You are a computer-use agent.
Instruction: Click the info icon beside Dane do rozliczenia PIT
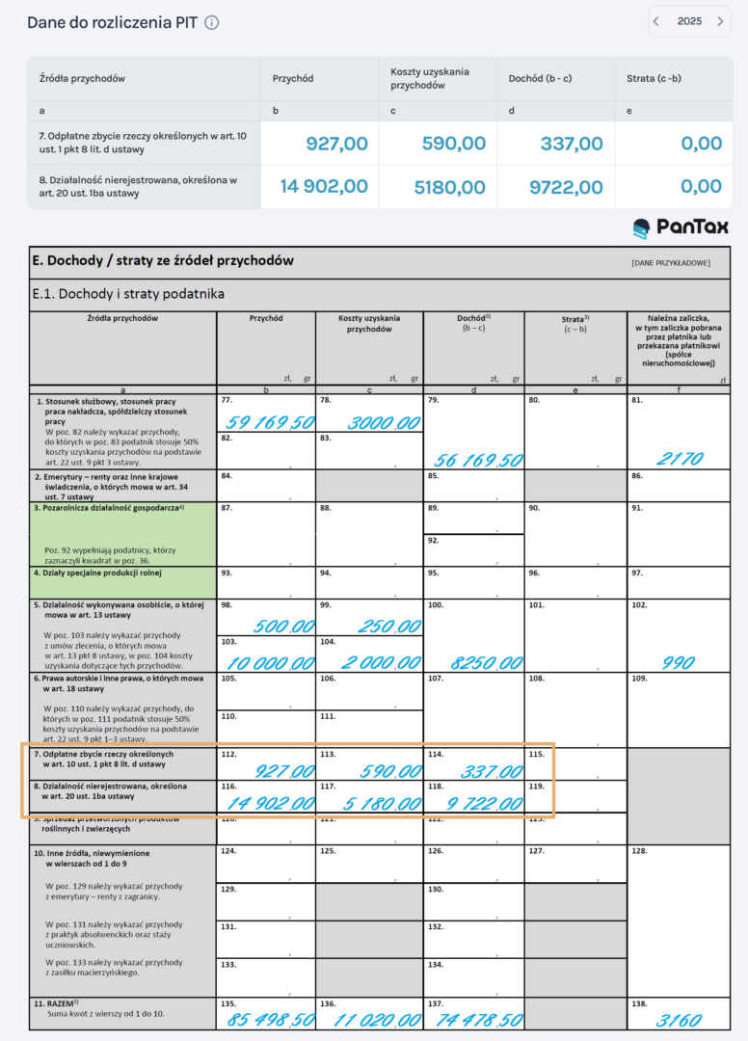point(212,22)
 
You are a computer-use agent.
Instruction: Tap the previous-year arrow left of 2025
point(656,21)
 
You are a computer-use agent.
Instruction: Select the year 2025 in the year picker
point(689,21)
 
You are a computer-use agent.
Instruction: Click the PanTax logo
point(681,227)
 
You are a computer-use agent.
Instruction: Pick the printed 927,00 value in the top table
point(336,144)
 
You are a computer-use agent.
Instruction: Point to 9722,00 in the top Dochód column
point(566,187)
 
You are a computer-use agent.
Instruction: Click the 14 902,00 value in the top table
point(324,187)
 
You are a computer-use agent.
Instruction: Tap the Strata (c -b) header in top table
point(654,78)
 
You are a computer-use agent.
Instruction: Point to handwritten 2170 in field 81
point(679,459)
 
